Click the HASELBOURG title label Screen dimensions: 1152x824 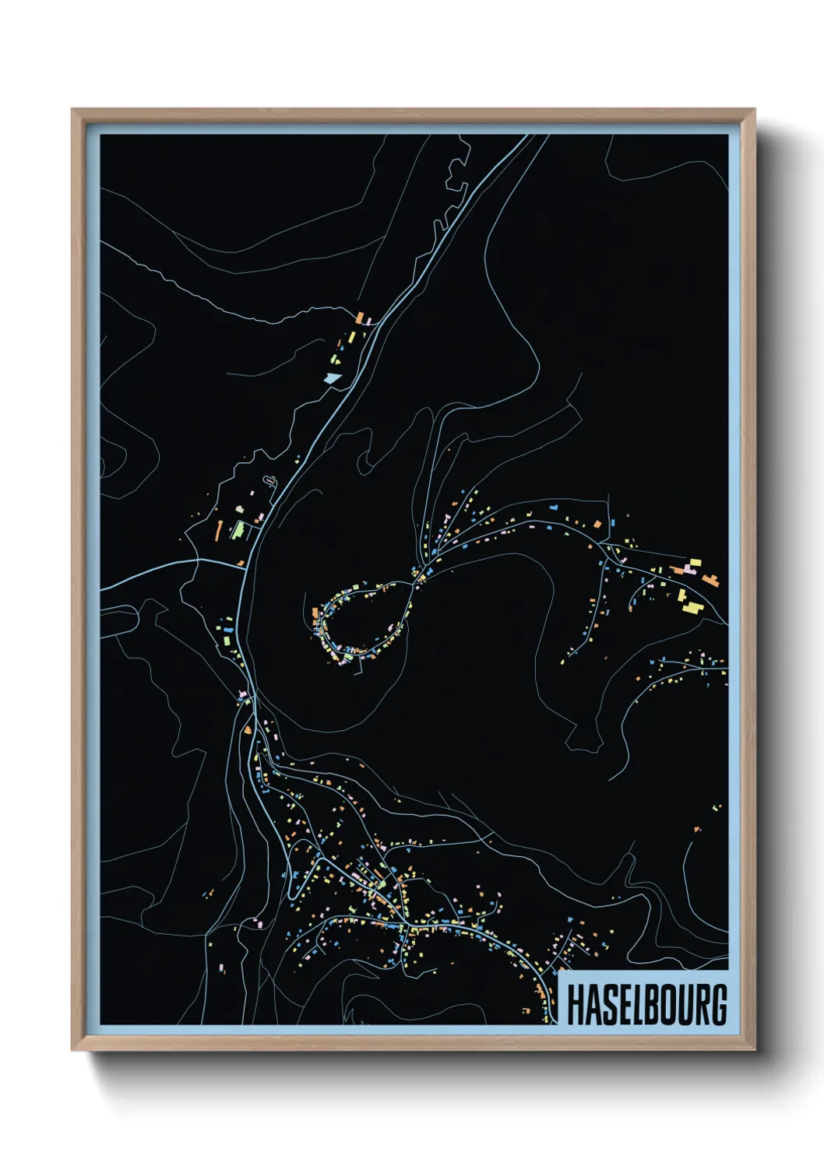645,1003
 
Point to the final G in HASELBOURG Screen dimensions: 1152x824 718,1004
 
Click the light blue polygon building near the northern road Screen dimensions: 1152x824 333,378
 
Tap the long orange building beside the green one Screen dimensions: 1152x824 220,530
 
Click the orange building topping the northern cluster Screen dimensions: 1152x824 360,318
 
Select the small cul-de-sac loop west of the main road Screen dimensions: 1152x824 270,480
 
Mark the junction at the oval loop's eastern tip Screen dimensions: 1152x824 414,581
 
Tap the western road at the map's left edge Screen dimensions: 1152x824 104,588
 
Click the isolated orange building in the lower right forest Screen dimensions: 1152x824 697,829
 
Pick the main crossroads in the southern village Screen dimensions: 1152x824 404,926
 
